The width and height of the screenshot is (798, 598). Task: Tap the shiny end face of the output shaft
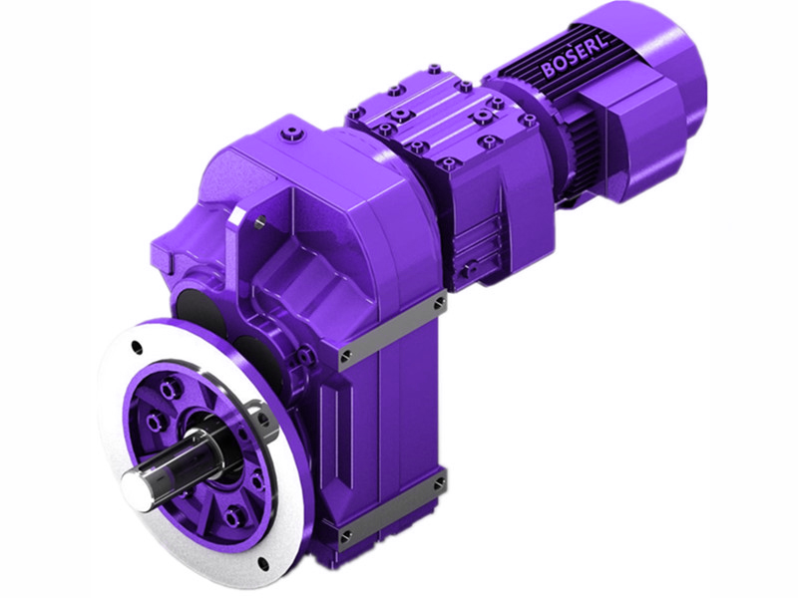click(138, 486)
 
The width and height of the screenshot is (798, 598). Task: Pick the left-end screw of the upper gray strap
click(345, 356)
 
